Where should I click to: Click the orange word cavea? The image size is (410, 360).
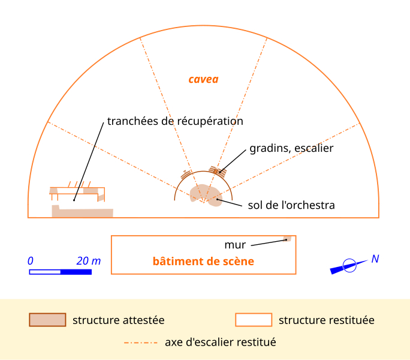click(x=203, y=79)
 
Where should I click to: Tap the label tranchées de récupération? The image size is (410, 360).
click(x=175, y=121)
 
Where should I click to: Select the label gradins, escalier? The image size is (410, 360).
click(x=291, y=148)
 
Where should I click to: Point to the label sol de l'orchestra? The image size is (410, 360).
click(x=291, y=205)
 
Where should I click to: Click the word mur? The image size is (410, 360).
click(x=235, y=245)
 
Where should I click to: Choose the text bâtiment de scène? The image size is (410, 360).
click(x=203, y=261)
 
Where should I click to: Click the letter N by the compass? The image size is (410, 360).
click(x=375, y=259)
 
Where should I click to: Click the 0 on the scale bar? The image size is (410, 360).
click(x=31, y=261)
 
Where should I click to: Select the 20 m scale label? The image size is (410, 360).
click(x=89, y=261)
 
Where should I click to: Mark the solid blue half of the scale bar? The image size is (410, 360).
click(x=76, y=272)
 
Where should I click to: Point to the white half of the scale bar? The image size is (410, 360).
click(x=45, y=272)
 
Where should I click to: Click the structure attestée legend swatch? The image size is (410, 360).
click(x=47, y=320)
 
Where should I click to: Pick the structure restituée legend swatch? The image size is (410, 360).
click(x=254, y=320)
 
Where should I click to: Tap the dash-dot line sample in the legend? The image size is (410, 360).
click(x=141, y=343)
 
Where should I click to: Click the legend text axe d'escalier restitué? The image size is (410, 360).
click(x=221, y=342)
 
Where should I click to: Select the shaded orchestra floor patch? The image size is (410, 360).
click(x=206, y=195)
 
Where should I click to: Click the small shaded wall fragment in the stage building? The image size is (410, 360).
click(x=287, y=239)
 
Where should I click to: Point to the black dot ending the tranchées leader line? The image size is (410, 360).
click(x=74, y=200)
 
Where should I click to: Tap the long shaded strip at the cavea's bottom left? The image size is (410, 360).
click(x=82, y=212)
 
